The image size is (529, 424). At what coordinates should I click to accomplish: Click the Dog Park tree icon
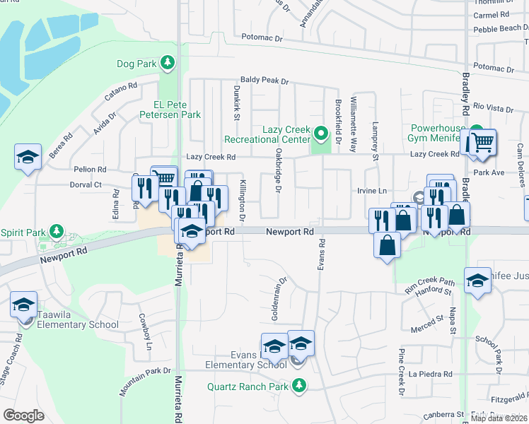167,64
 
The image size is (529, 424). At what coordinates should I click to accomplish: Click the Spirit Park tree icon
56,232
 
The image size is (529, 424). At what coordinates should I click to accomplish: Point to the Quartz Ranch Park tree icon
300,386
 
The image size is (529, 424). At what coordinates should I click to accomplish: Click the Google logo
24,416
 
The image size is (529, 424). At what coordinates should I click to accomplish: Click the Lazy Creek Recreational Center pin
320,133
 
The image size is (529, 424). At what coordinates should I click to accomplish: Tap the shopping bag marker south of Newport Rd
387,247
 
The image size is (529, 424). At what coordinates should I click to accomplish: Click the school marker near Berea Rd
27,158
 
